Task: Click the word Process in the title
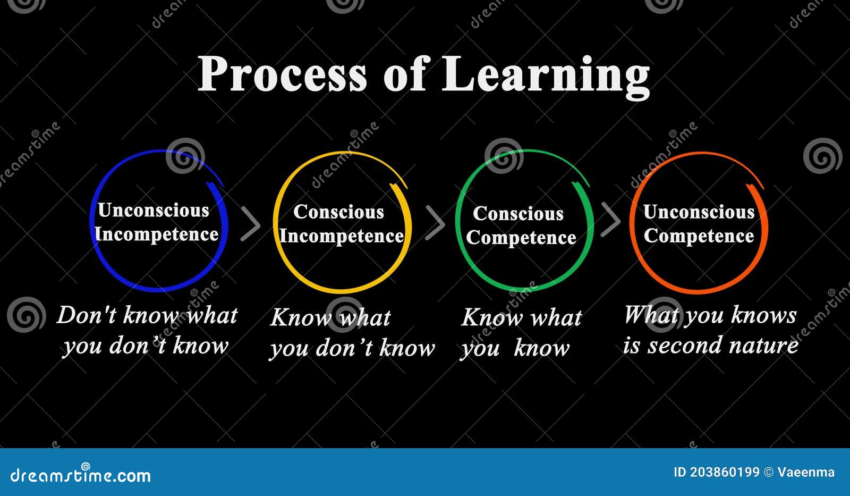[282, 74]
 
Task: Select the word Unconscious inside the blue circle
[154, 211]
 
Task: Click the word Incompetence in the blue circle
[156, 234]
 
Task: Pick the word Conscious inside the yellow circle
[338, 212]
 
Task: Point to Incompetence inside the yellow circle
[342, 236]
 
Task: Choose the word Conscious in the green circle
[518, 214]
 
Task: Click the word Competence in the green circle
[521, 238]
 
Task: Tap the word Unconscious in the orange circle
[699, 212]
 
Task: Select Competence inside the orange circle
[699, 236]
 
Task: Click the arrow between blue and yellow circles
[251, 224]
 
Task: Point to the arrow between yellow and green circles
[435, 223]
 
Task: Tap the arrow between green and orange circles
[610, 219]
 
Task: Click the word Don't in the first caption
[87, 315]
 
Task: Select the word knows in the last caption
[764, 315]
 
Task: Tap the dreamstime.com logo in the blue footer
[80, 475]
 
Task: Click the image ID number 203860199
[725, 472]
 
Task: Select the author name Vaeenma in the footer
[806, 472]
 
